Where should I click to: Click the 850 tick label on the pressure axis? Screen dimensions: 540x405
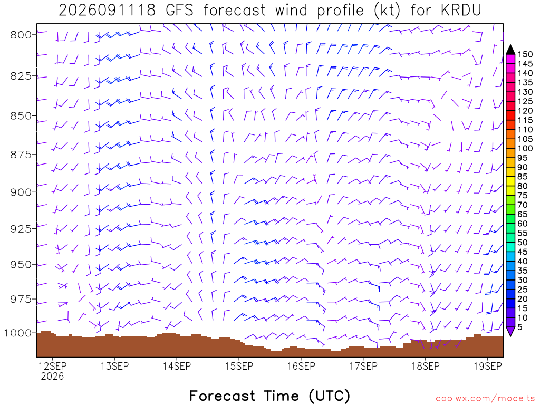(20, 116)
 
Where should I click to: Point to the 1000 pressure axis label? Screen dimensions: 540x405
(17, 333)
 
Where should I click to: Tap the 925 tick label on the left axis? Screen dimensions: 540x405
(20, 229)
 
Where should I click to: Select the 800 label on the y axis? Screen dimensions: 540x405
(20, 35)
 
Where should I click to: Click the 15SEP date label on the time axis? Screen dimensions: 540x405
(239, 366)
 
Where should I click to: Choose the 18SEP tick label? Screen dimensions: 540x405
(426, 366)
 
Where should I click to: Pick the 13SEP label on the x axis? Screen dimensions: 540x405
(114, 366)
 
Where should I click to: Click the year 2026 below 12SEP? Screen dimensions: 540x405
(52, 377)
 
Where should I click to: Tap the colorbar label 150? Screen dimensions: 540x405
(525, 54)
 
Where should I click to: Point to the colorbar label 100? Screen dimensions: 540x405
(525, 148)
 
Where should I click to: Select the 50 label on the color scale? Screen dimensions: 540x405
(523, 243)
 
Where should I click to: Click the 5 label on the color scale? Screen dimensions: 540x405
(520, 327)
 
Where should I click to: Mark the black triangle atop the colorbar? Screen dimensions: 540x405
(510, 50)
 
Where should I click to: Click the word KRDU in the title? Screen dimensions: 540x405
(461, 11)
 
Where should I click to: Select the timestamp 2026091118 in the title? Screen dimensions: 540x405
(107, 11)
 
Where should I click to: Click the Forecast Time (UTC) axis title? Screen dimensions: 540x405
(269, 396)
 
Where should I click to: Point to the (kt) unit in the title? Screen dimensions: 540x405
(387, 11)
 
